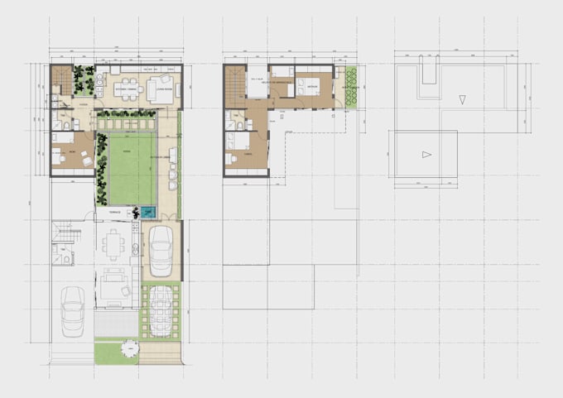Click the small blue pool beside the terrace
148,212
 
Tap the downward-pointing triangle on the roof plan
463,99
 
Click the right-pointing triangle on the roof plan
426,154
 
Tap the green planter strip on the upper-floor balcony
350,87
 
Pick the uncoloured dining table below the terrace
114,243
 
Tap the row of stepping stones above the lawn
127,124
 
